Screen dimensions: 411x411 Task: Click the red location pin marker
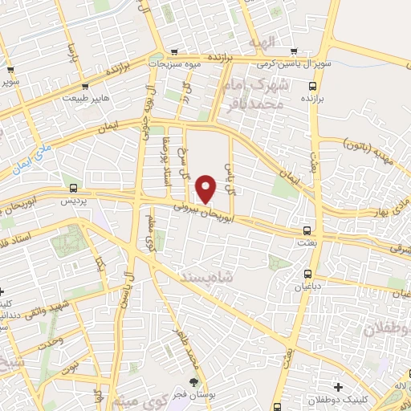point(206,189)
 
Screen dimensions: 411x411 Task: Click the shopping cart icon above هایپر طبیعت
point(85,87)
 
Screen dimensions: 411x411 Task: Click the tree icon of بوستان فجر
point(192,380)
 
